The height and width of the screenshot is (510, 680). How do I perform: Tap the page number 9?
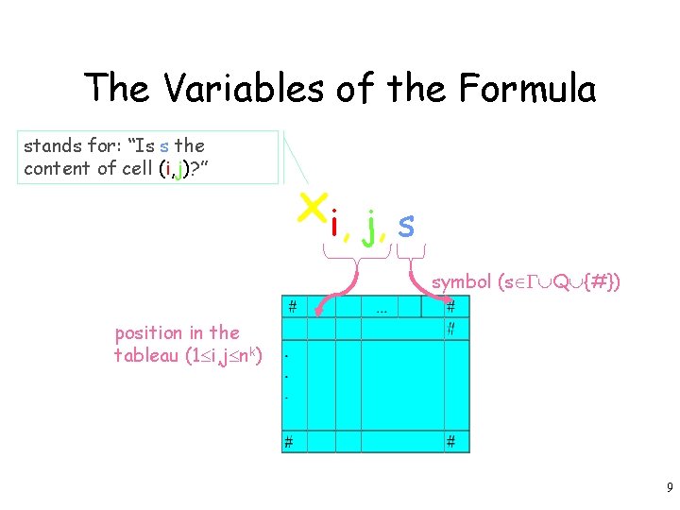coord(669,488)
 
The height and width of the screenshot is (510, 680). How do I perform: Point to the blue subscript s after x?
coord(405,225)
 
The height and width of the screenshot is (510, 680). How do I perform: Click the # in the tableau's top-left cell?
coord(293,306)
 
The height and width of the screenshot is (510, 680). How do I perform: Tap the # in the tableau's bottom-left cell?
coord(290,441)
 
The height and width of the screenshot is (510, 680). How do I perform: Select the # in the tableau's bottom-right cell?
coord(451,441)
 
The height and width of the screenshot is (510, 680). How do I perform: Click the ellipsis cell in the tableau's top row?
coord(382,307)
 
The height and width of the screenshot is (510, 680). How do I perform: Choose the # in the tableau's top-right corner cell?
coord(451,306)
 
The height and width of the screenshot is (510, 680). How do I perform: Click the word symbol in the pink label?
coord(461,281)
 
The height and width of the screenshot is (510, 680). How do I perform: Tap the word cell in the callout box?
coord(138,168)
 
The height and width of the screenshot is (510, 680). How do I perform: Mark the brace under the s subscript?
coord(411,253)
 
